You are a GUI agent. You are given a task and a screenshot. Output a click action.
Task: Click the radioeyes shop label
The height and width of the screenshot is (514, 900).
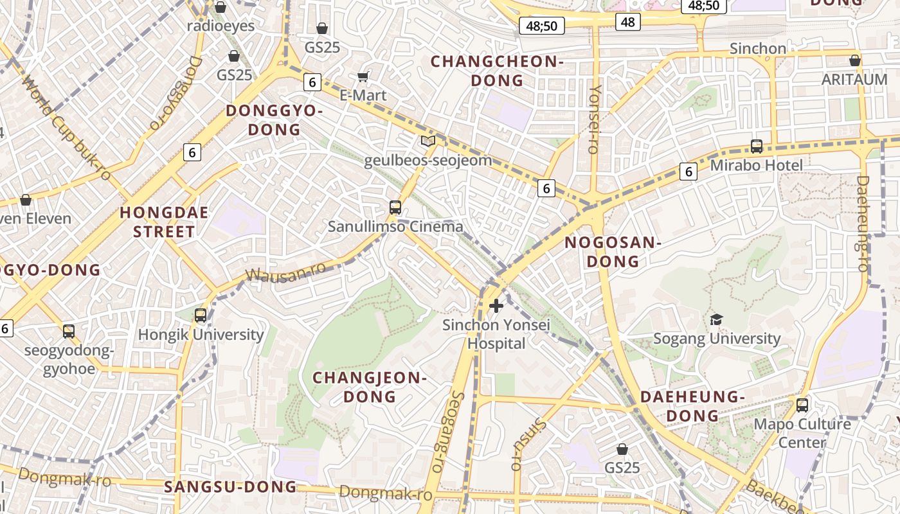point(221,26)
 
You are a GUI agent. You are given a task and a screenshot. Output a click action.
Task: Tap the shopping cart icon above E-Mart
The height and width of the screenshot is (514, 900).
point(363,77)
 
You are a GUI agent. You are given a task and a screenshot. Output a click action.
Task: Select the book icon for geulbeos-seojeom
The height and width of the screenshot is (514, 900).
point(428,141)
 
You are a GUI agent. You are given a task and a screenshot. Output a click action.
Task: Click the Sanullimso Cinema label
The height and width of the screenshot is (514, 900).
point(395,227)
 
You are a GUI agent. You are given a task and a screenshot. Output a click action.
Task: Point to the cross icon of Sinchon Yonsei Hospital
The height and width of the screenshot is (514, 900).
point(496,306)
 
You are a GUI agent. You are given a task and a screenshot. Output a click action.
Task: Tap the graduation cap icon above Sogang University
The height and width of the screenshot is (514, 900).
point(716,319)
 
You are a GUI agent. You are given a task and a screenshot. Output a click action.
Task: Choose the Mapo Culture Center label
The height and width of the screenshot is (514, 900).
point(802,433)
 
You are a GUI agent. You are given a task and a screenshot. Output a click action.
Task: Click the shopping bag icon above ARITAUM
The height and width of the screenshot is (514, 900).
point(854,60)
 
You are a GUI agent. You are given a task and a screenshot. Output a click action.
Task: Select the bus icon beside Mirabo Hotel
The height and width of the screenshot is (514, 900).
point(757,146)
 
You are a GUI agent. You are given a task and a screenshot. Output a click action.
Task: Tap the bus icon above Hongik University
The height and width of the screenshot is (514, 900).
point(201,315)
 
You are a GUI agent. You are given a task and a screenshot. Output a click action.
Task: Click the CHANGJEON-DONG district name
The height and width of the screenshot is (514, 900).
point(370,387)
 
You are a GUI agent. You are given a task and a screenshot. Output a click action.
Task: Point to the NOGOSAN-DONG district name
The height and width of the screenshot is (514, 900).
point(613,252)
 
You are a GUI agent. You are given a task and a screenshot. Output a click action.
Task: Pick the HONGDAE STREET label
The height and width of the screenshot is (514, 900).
point(164,222)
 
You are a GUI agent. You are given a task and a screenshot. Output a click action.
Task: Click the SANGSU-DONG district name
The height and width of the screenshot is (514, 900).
point(230,487)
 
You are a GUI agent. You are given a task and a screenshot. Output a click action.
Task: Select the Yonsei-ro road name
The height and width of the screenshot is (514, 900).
point(594,119)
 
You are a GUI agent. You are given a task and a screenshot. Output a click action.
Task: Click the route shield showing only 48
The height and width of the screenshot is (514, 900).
point(627,22)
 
